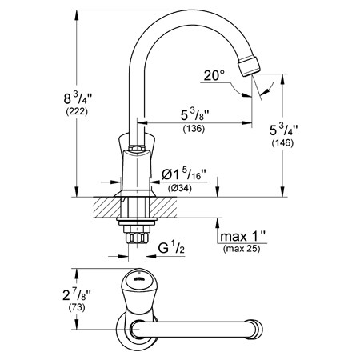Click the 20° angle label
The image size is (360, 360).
click(214, 75)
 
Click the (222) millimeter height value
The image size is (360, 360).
click(77, 111)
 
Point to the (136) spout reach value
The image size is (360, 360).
click(194, 129)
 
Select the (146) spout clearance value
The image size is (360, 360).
click(282, 143)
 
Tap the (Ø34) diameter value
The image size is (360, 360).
click(180, 188)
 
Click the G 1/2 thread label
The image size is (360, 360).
click(171, 248)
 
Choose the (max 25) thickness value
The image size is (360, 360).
click(242, 249)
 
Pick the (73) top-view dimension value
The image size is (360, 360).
click(77, 308)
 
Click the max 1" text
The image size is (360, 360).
click(243, 236)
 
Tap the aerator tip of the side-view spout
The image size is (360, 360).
click(249, 66)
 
